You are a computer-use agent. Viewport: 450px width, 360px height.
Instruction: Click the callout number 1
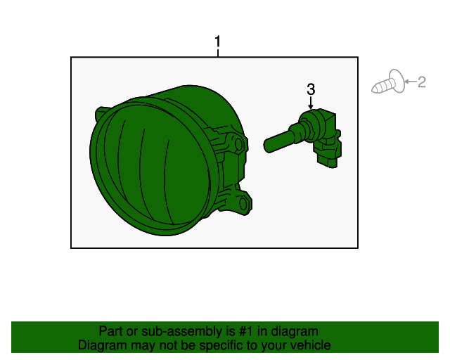pos(217,41)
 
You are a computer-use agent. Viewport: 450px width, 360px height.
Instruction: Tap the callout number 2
pos(421,82)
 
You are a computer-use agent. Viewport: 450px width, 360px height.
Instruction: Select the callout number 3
pos(311,89)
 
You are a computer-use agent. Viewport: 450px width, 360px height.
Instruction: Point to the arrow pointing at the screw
pos(411,82)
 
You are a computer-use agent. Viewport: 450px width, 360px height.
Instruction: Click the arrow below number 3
pos(311,103)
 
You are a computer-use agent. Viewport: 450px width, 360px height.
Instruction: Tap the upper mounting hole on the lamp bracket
pos(239,144)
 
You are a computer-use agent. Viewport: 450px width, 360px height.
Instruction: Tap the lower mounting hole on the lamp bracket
pos(243,204)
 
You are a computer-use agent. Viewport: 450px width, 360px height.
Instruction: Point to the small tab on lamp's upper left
pos(101,112)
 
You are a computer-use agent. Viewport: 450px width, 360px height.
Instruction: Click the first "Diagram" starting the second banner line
pos(98,345)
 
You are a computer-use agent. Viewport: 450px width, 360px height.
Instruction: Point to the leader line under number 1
pos(218,53)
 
